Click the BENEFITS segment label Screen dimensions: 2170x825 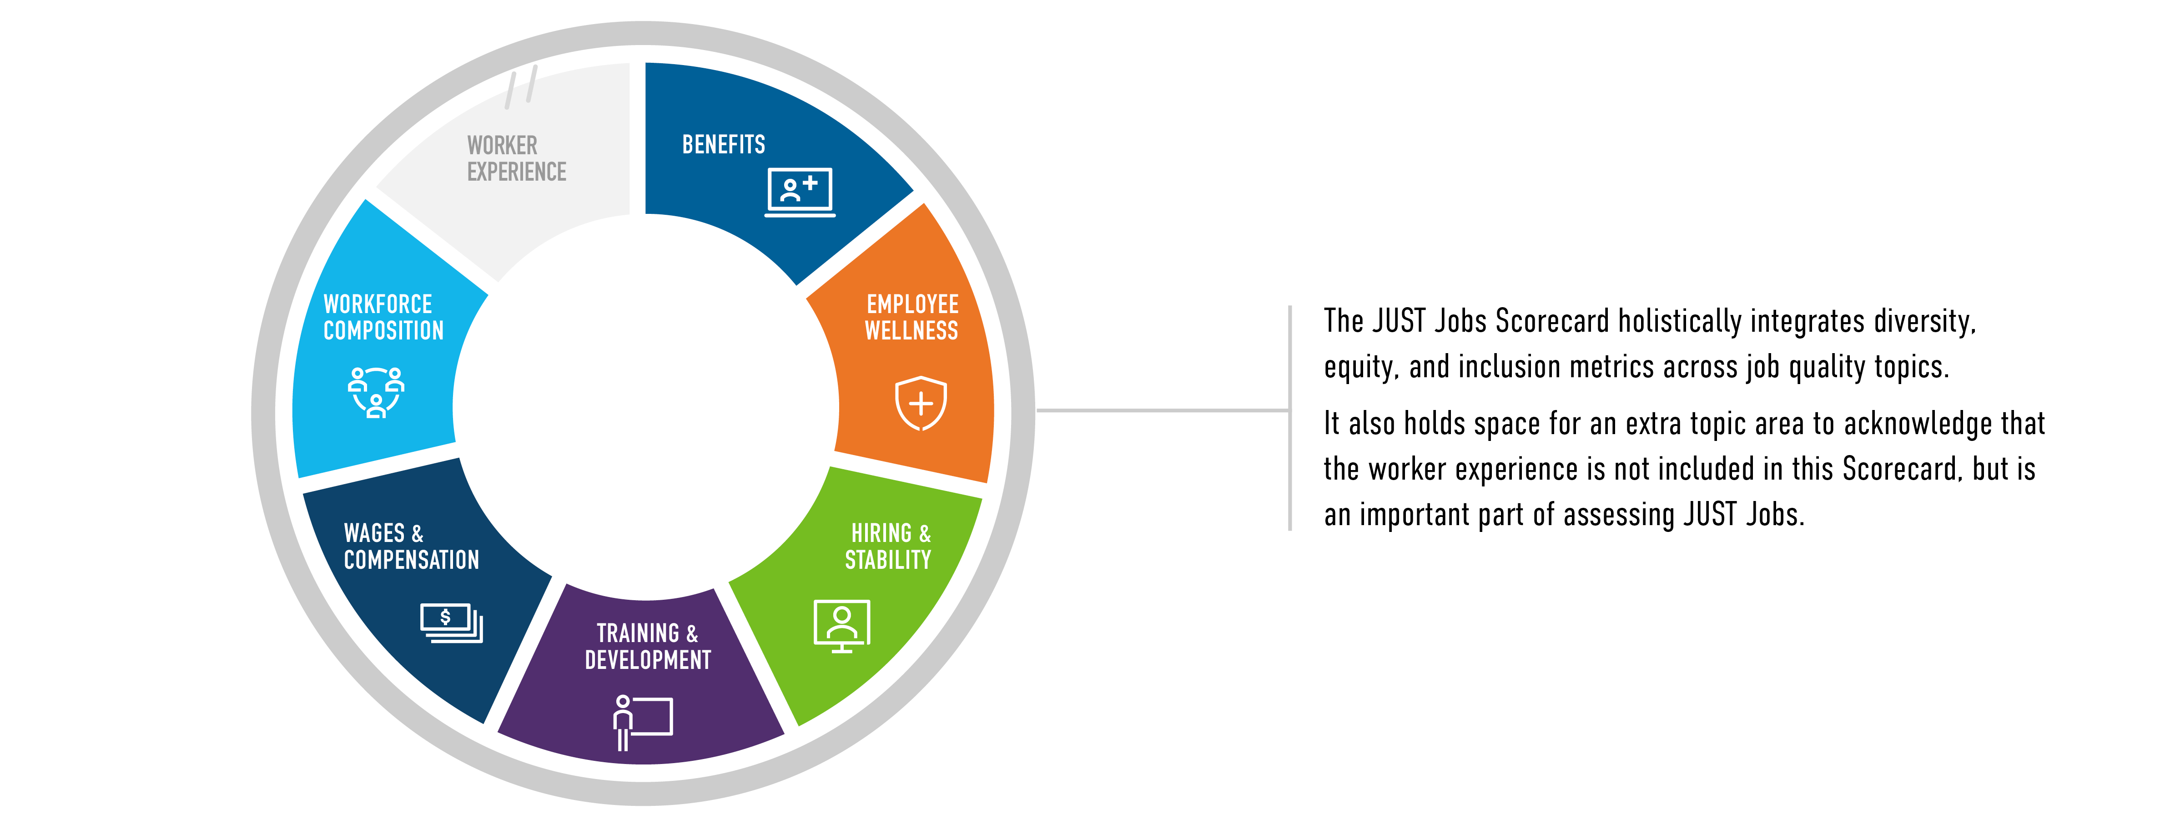tap(724, 145)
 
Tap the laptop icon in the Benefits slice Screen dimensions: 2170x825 tap(800, 192)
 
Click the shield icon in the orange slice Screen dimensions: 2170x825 tap(921, 403)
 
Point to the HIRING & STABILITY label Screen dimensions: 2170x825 tap(889, 546)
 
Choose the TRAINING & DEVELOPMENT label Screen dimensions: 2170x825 tap(648, 646)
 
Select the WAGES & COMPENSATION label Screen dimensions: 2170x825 tap(411, 546)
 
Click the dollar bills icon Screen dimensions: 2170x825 tap(452, 623)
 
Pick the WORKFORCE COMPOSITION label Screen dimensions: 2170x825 tap(383, 317)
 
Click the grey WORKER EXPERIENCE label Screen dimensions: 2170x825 tap(516, 158)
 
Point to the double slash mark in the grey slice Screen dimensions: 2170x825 tap(521, 87)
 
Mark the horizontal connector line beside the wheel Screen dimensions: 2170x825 tap(1163, 410)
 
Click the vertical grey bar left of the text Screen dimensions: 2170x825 tap(1290, 418)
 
